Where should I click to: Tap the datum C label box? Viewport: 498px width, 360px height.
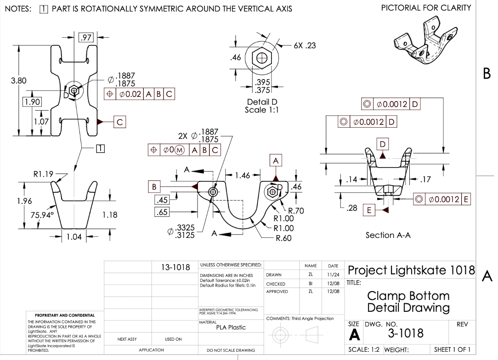pyautogui.click(x=120, y=122)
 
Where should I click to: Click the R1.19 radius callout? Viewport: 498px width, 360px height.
pyautogui.click(x=43, y=174)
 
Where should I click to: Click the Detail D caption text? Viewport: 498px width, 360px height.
pyautogui.click(x=262, y=101)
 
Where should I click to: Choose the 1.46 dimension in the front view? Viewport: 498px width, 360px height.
pyautogui.click(x=242, y=175)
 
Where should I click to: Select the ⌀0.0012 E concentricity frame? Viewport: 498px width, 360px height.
pyautogui.click(x=443, y=199)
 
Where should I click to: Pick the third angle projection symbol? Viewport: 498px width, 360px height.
pyautogui.click(x=295, y=336)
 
